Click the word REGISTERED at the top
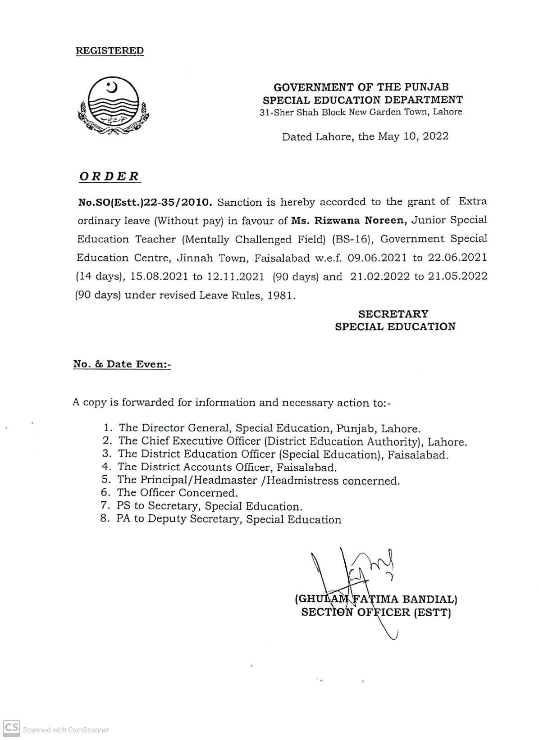pos(110,50)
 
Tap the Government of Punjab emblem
pos(114,106)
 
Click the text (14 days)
pos(99,277)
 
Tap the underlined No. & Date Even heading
pos(122,364)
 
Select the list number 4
pos(106,467)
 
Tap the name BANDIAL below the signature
pos(429,599)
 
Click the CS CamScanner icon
pos(12,728)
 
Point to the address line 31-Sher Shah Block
pos(361,112)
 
